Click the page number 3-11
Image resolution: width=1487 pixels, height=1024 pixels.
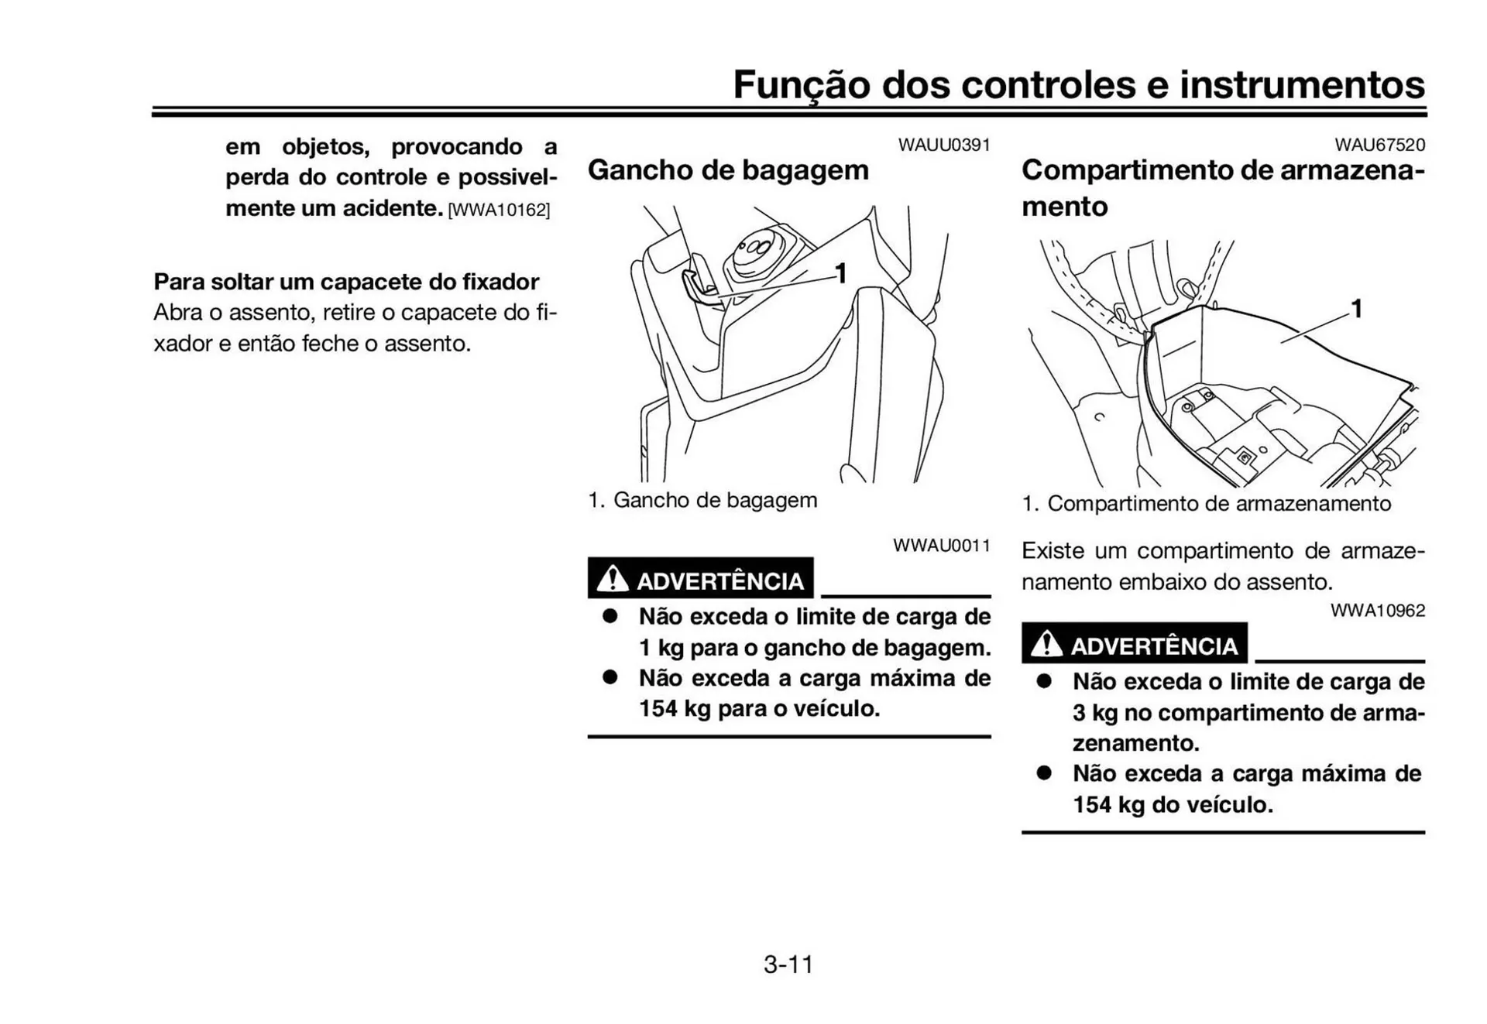coord(788,964)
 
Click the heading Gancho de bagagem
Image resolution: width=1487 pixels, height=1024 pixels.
coord(727,170)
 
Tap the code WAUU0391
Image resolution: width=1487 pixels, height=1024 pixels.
coord(943,145)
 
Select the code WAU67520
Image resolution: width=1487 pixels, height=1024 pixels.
coord(1379,145)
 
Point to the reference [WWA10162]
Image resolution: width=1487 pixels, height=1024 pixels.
coord(499,210)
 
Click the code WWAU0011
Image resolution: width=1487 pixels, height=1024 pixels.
coord(941,545)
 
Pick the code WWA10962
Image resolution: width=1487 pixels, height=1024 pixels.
coord(1377,610)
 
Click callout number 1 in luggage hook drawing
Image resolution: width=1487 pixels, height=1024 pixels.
coord(840,273)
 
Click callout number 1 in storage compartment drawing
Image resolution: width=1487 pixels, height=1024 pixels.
coord(1356,309)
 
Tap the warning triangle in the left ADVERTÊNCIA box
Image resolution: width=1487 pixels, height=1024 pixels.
coord(613,578)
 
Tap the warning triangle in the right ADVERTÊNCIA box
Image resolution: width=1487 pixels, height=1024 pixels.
coord(1046,643)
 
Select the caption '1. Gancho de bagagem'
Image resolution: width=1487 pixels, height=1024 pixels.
coord(702,500)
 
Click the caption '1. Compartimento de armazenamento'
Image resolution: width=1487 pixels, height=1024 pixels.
coord(1206,504)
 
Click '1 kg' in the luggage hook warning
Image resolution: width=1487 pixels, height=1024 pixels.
coord(660,648)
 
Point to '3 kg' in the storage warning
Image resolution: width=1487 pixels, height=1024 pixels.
coord(1094,713)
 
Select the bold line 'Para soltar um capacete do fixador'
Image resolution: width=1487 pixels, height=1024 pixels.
coord(346,281)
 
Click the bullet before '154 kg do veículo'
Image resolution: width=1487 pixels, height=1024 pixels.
coord(1044,773)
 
